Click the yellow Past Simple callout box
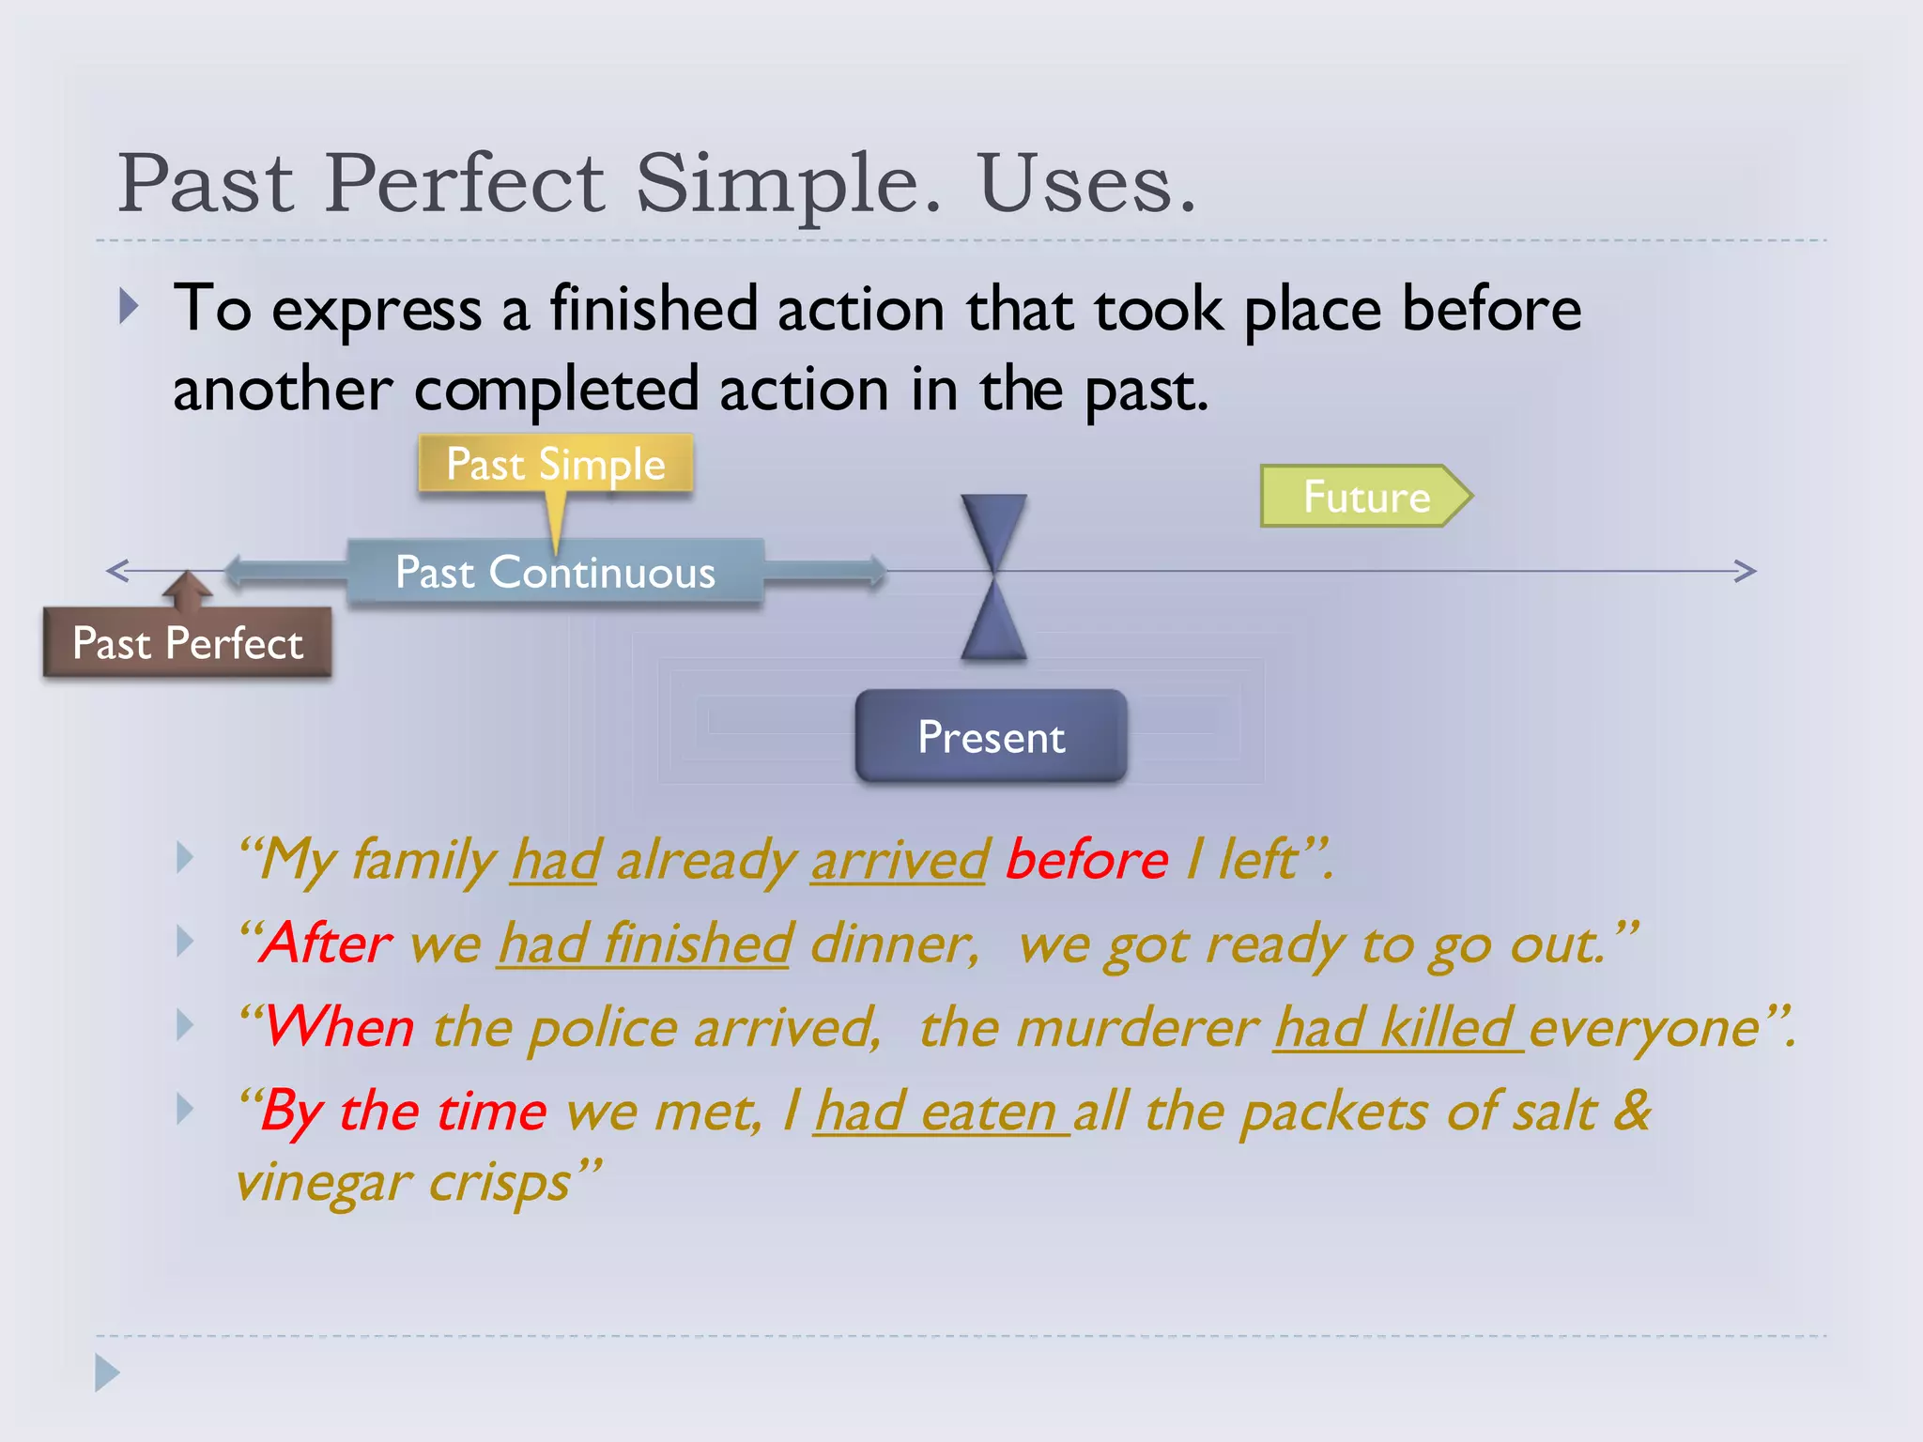(x=556, y=464)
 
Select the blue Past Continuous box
(x=556, y=572)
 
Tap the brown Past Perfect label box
(x=188, y=643)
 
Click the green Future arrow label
(x=1365, y=496)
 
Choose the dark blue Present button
(x=991, y=736)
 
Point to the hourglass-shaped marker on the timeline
(x=993, y=575)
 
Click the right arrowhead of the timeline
(x=1745, y=571)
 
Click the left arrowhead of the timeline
(x=117, y=570)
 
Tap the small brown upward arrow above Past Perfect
(x=188, y=589)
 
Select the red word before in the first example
(x=1086, y=859)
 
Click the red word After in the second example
(x=327, y=943)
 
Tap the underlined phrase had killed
(x=1396, y=1027)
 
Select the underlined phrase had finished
(x=645, y=943)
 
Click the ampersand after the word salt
(x=1632, y=1110)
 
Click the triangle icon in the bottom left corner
(x=106, y=1373)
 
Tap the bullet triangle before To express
(x=130, y=307)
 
